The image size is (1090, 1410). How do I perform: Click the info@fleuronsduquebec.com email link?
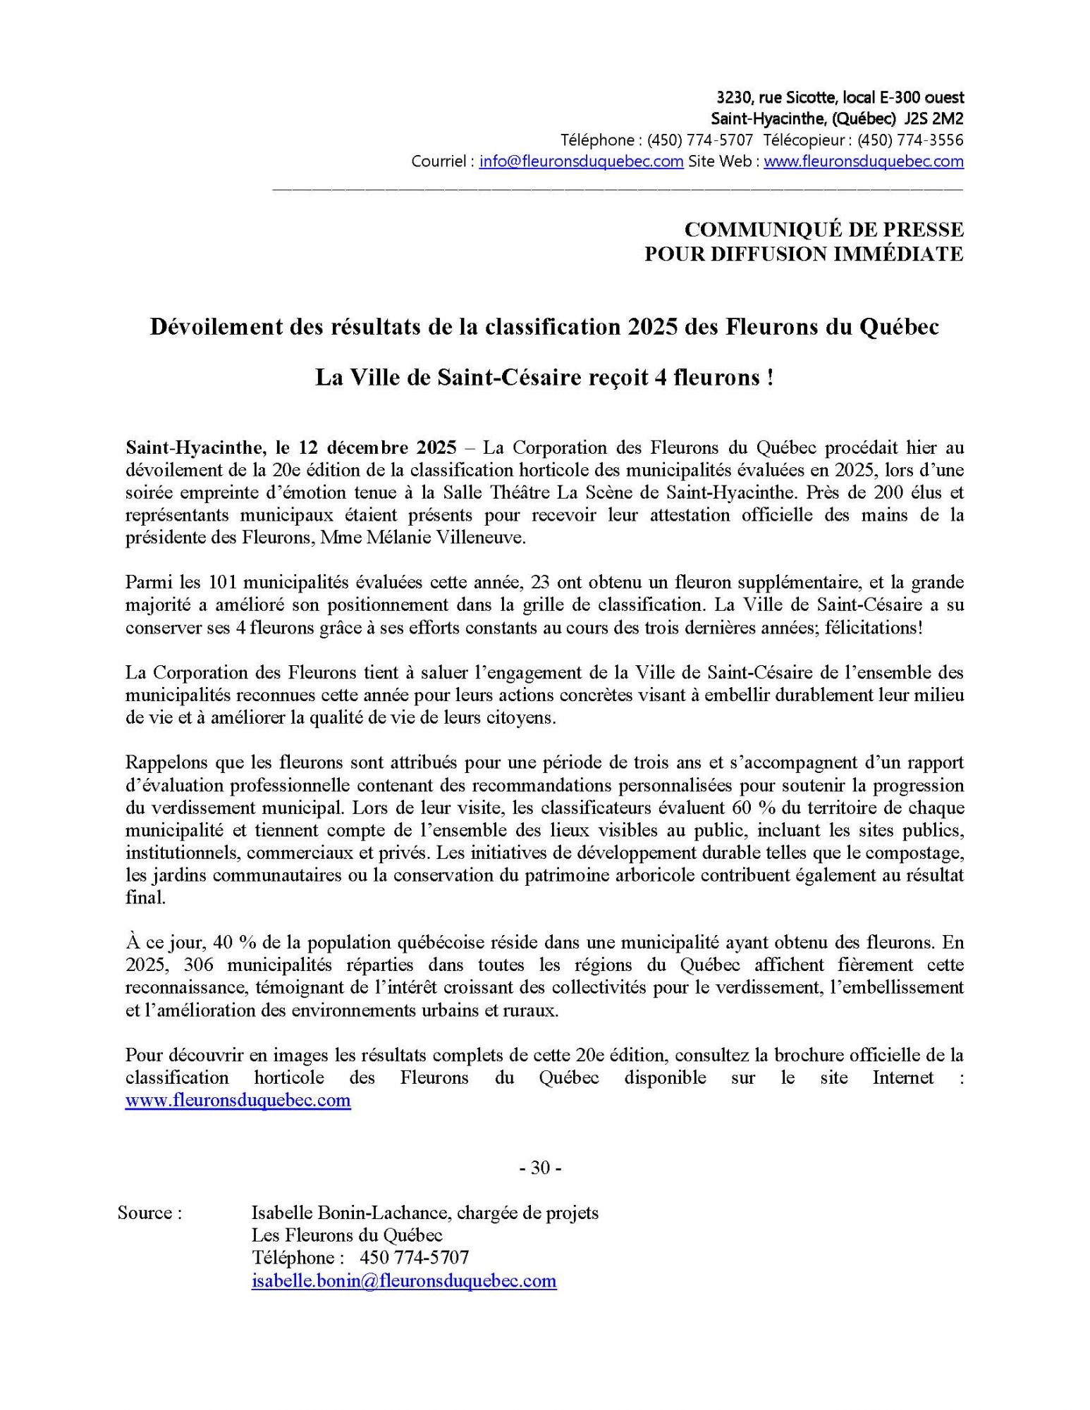pyautogui.click(x=581, y=161)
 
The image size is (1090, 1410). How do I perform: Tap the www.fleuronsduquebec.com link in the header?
pyautogui.click(x=864, y=161)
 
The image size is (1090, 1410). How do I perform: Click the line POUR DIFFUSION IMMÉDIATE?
pyautogui.click(x=804, y=254)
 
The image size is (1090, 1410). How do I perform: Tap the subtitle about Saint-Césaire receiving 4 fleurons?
pyautogui.click(x=544, y=378)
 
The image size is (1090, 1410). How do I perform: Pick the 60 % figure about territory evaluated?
pyautogui.click(x=748, y=808)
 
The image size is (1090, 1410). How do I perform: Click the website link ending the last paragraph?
pyautogui.click(x=238, y=1101)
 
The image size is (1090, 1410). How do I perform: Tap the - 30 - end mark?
pyautogui.click(x=540, y=1168)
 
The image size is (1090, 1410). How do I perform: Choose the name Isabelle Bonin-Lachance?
pyautogui.click(x=350, y=1213)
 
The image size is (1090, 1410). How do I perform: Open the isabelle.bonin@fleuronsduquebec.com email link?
pyautogui.click(x=404, y=1281)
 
